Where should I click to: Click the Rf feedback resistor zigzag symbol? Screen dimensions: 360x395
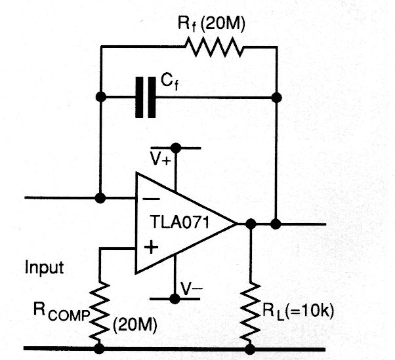(215, 48)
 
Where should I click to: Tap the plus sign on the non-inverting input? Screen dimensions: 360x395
(150, 248)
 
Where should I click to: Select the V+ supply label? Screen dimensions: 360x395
(161, 159)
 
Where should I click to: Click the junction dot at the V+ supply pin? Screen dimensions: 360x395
(175, 148)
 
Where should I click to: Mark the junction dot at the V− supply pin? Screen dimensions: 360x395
(175, 299)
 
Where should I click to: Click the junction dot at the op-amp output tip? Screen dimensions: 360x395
(250, 224)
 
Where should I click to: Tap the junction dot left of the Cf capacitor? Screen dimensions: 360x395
(100, 98)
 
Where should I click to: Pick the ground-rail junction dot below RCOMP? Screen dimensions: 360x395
(100, 348)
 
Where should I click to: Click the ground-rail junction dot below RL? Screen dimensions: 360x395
(250, 348)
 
